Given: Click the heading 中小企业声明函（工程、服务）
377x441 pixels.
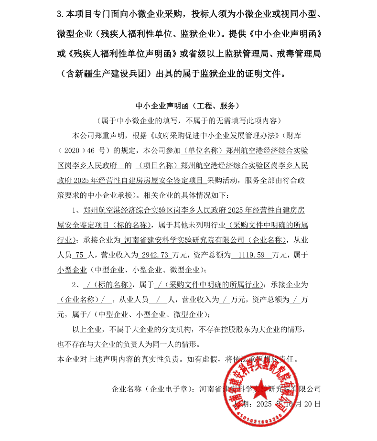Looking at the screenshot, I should (x=188, y=106).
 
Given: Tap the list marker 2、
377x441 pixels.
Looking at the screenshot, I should (x=77, y=285).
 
